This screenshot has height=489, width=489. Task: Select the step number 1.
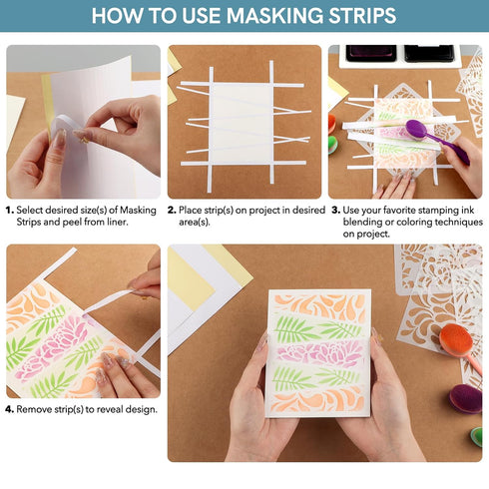click(x=10, y=211)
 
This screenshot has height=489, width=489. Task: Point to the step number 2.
click(x=172, y=211)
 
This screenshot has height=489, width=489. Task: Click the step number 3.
click(x=335, y=211)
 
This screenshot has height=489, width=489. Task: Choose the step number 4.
click(x=10, y=409)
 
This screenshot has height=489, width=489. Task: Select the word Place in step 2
click(x=194, y=211)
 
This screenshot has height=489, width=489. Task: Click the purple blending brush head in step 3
click(x=417, y=129)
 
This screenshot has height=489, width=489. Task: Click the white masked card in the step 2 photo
click(x=242, y=121)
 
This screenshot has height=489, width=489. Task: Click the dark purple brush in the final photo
click(x=466, y=397)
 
